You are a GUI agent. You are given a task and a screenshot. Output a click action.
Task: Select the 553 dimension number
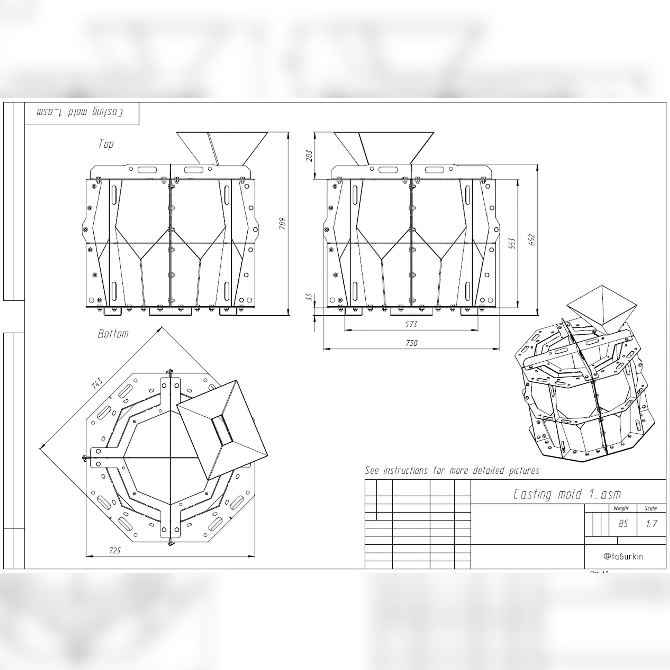click(x=512, y=243)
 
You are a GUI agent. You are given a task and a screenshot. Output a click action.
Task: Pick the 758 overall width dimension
click(x=411, y=343)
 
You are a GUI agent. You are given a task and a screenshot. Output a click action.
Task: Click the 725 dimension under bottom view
click(x=115, y=550)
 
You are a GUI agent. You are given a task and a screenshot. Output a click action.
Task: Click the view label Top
click(x=106, y=144)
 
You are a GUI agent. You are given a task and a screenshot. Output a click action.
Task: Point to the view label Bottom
click(x=113, y=334)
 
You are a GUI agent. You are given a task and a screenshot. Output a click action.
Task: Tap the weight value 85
click(x=623, y=523)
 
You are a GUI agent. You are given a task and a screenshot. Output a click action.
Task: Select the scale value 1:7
click(x=651, y=523)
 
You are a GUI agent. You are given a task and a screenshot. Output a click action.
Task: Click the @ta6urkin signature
click(x=623, y=556)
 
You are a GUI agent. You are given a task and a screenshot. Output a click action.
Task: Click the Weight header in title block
click(x=621, y=508)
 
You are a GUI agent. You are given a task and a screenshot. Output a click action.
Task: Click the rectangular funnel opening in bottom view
click(x=222, y=430)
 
